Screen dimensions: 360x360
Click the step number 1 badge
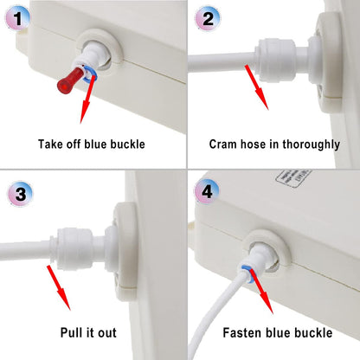pyautogui.click(x=18, y=18)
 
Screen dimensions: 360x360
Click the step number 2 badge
pyautogui.click(x=208, y=18)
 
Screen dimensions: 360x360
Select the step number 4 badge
pyautogui.click(x=208, y=193)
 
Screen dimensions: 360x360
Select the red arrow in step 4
pyautogui.click(x=257, y=291)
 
